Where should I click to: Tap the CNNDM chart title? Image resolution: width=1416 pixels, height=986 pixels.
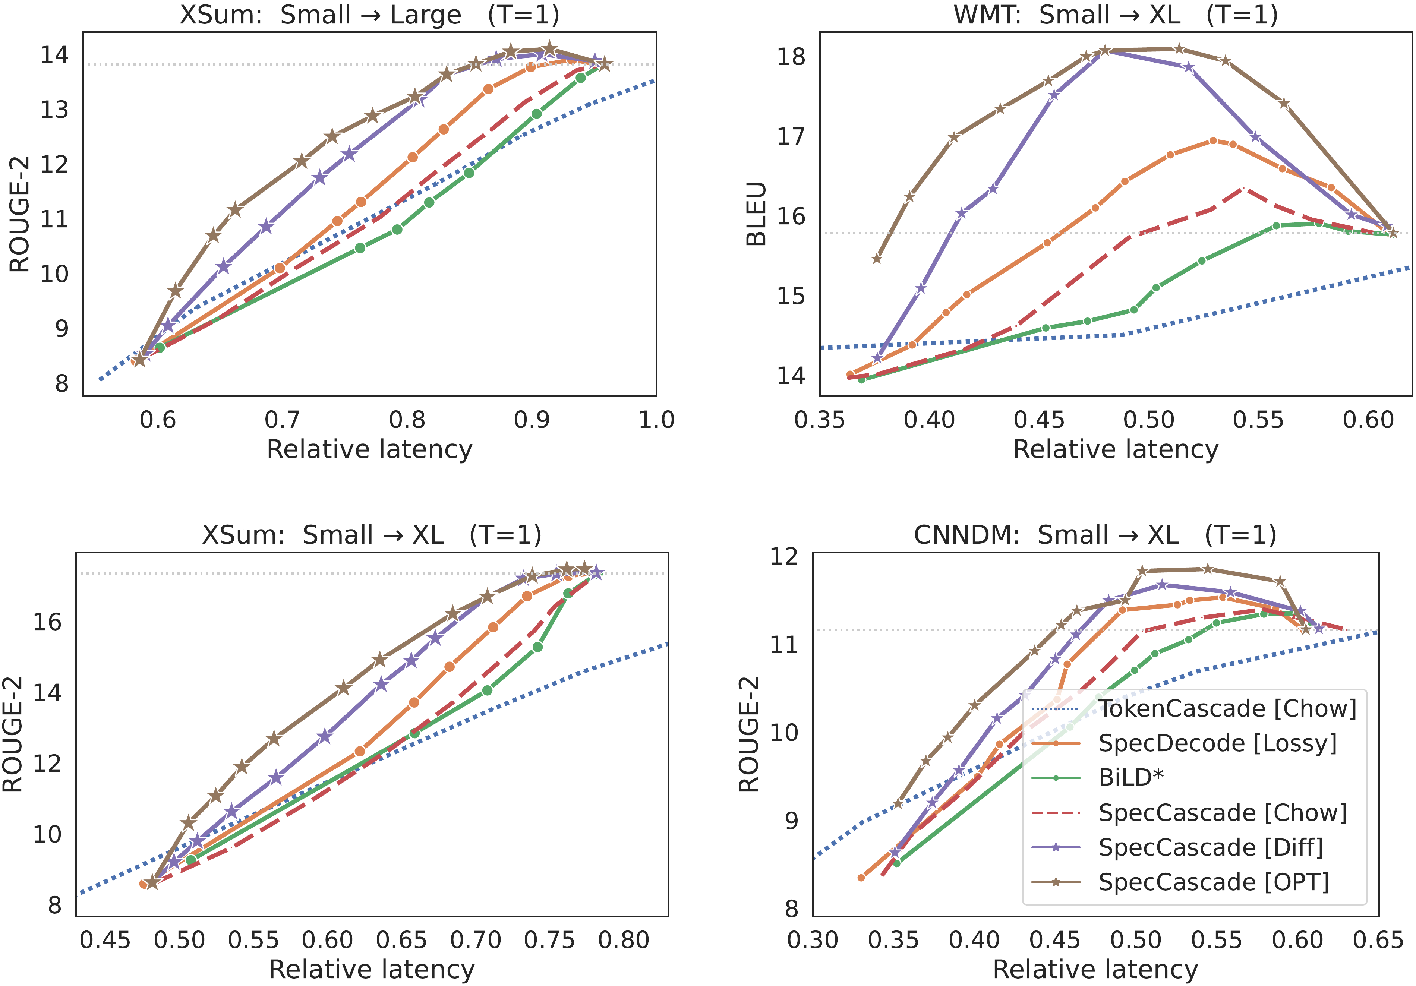(1095, 535)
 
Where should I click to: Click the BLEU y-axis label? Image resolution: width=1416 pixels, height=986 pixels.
(756, 214)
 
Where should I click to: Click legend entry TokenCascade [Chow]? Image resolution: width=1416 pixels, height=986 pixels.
(1227, 708)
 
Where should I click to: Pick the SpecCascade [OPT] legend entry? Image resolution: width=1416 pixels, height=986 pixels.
(1213, 882)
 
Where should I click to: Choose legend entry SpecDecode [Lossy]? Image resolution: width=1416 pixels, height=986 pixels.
(1217, 743)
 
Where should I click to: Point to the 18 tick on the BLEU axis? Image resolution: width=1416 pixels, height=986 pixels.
(791, 57)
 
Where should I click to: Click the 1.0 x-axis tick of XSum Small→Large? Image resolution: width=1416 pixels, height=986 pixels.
(656, 420)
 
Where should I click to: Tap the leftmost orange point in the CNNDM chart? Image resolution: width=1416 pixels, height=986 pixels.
(861, 878)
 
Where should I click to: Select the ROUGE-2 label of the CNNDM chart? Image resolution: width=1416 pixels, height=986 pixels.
(749, 734)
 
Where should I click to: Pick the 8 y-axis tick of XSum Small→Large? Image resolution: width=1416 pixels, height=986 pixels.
(62, 383)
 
